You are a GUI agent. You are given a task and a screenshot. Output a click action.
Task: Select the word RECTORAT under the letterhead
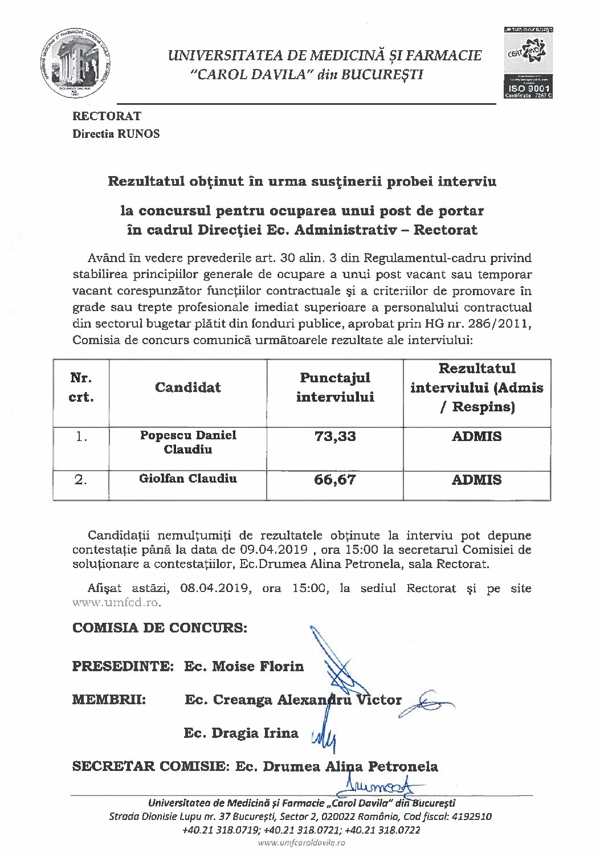[x=107, y=116]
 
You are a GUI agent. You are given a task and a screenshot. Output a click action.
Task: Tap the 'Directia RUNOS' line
[x=116, y=134]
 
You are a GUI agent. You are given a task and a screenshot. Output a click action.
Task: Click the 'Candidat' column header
[x=187, y=387]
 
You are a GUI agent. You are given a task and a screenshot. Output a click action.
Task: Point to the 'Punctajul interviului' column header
[x=335, y=387]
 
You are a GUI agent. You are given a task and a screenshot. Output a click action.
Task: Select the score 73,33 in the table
[x=335, y=436]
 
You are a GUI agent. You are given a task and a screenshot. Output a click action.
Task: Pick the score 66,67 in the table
[x=335, y=480]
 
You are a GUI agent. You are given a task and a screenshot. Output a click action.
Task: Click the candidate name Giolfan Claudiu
[x=188, y=479]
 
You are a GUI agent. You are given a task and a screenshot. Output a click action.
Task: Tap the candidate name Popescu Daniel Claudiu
[x=188, y=442]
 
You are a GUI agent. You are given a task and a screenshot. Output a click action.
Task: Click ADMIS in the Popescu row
[x=476, y=436]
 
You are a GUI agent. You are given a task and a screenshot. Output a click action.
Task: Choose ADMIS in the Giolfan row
[x=476, y=480]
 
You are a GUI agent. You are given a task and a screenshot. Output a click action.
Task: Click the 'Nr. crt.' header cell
[x=81, y=387]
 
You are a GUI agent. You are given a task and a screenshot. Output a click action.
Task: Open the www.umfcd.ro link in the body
[x=117, y=602]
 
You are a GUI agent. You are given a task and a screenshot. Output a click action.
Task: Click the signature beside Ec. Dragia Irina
[x=323, y=739]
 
